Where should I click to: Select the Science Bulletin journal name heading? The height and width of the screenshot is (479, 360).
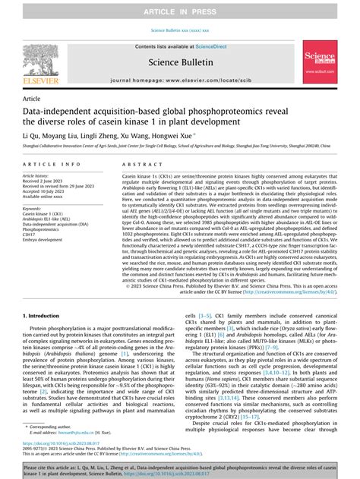click(179, 61)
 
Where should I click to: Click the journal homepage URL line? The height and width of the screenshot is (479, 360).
click(179, 79)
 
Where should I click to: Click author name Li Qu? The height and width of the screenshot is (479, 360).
click(32, 134)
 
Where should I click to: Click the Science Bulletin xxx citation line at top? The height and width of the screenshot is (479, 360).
click(180, 30)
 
